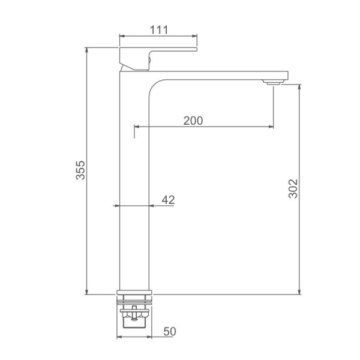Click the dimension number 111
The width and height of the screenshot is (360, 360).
pyautogui.click(x=159, y=30)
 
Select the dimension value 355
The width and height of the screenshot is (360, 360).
pyautogui.click(x=80, y=170)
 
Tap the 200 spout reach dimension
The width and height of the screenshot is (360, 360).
pyautogui.click(x=193, y=121)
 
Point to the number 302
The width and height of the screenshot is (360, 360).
pyautogui.click(x=293, y=188)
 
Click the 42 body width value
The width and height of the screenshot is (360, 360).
pyautogui.click(x=168, y=200)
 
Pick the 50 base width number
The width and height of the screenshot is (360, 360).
pyautogui.click(x=170, y=331)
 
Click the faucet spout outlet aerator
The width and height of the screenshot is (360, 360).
pyautogui.click(x=273, y=82)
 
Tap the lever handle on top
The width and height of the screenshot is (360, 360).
pyautogui.click(x=158, y=59)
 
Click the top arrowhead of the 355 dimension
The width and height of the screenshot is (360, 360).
pyautogui.click(x=86, y=50)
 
